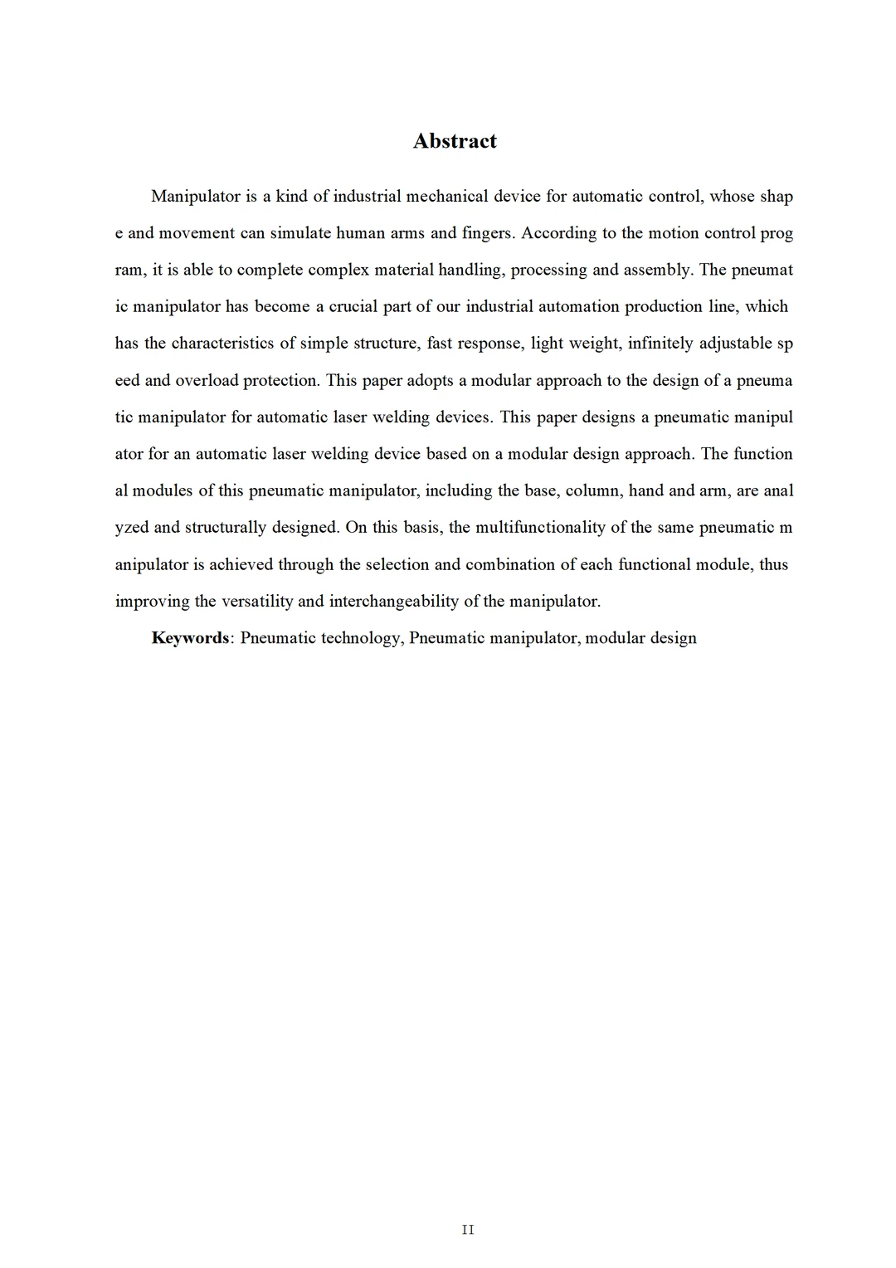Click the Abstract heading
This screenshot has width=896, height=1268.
[455, 141]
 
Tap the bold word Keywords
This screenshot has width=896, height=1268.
[190, 638]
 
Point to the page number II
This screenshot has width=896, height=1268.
[468, 1230]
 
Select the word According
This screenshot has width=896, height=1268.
[558, 233]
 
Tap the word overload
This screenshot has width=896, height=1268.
[207, 381]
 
